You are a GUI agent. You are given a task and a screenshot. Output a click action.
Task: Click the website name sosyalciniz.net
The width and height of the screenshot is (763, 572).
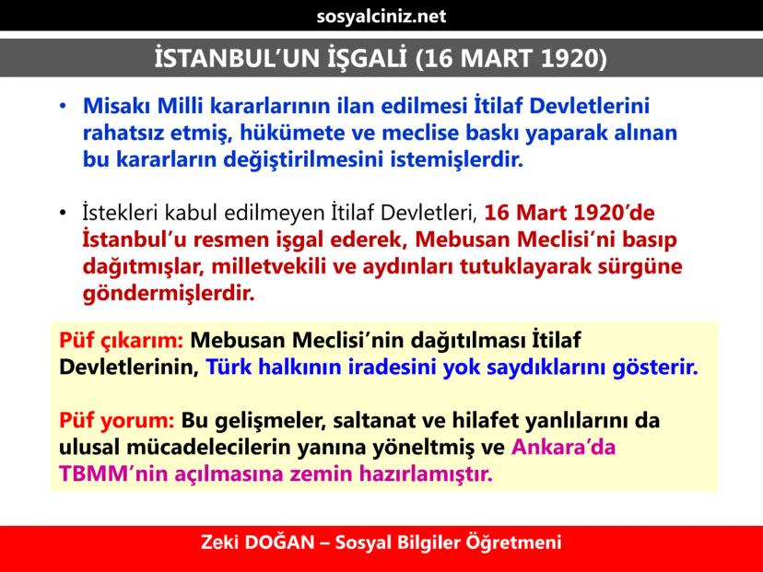click(x=381, y=16)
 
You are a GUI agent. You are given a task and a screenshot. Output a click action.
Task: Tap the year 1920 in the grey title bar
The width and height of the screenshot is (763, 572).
click(x=568, y=58)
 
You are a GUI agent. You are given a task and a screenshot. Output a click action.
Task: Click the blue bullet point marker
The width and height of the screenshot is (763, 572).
click(x=63, y=106)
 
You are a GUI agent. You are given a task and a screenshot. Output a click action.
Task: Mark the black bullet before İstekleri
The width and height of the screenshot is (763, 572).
click(x=63, y=213)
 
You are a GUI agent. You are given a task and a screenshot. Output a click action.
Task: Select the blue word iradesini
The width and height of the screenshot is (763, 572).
click(x=392, y=368)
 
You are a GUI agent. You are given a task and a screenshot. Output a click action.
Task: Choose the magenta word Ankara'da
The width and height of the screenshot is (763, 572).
click(x=563, y=447)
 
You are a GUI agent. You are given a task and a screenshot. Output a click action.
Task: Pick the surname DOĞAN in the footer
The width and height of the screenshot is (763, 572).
click(x=279, y=542)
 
